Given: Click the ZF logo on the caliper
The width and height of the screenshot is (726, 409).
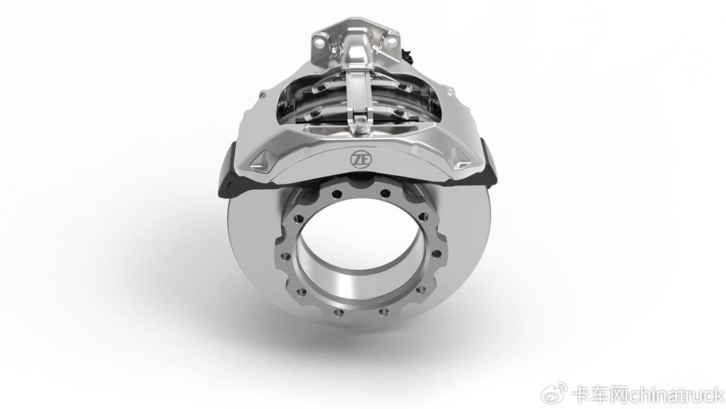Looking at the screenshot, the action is point(361,159).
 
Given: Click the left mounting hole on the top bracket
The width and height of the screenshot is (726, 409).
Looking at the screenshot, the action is point(320,41).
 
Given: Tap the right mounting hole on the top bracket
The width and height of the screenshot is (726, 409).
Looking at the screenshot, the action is point(392,41).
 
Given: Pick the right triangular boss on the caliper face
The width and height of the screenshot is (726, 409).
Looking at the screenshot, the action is point(461,160).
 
